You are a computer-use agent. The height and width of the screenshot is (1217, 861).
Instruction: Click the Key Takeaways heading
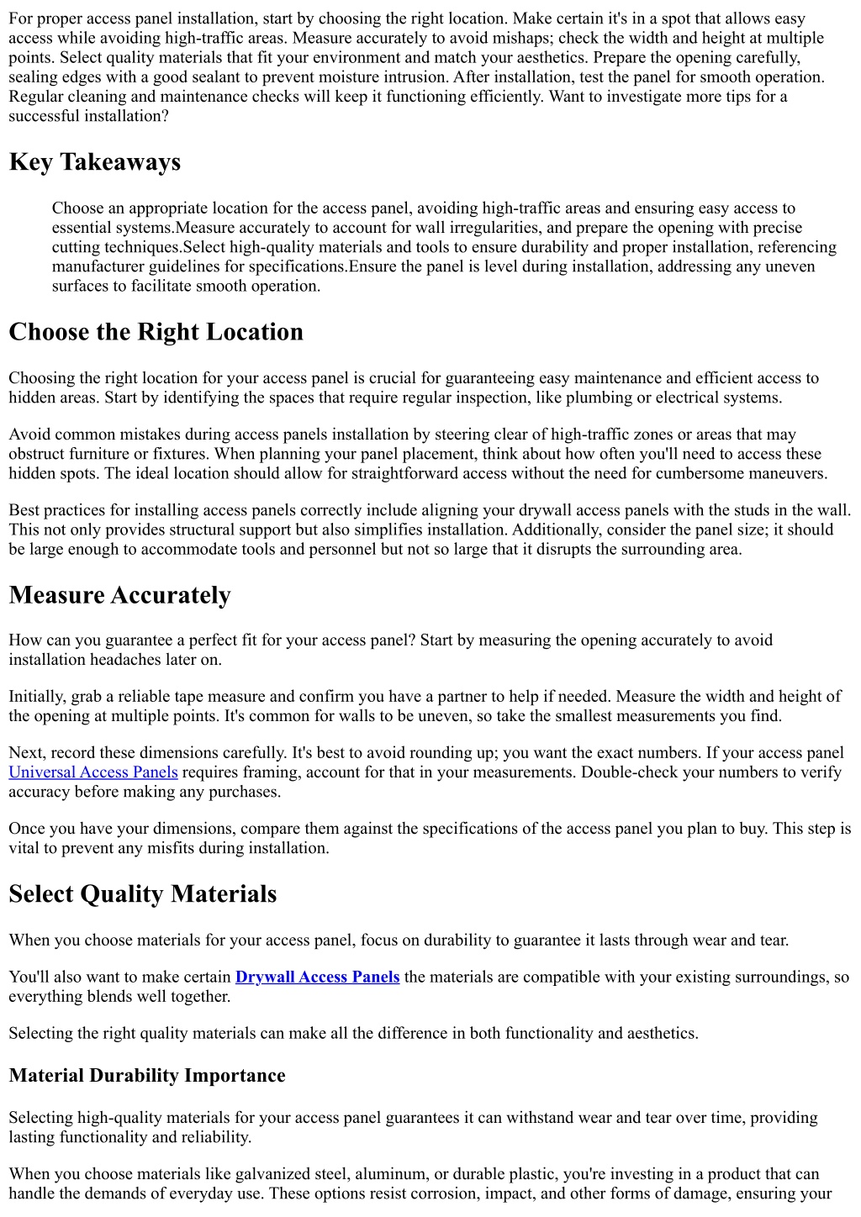94,162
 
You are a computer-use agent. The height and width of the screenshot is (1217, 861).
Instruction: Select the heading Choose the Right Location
156,332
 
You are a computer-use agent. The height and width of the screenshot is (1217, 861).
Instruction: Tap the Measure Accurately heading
119,595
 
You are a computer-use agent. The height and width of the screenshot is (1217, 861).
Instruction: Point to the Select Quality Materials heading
142,894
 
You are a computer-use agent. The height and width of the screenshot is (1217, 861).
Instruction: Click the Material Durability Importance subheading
147,1076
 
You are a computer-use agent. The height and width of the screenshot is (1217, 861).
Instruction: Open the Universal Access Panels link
93,772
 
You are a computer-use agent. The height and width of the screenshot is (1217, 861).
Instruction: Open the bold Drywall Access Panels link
317,977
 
